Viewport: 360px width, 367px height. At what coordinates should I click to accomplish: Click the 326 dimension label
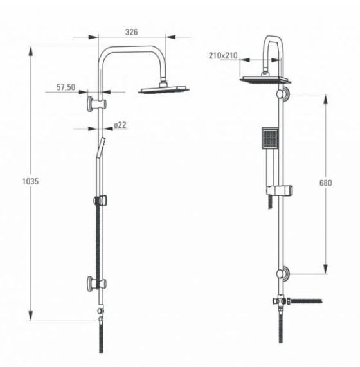click(131, 32)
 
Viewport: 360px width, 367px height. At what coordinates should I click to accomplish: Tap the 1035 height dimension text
click(30, 181)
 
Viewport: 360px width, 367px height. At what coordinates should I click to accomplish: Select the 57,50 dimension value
click(66, 87)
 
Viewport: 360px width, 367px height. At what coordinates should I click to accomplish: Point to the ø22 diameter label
click(120, 125)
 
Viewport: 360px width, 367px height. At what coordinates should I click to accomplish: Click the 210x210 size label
click(223, 56)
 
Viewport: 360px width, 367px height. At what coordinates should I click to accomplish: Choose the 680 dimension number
click(325, 183)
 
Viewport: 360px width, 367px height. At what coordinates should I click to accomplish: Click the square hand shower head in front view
click(270, 138)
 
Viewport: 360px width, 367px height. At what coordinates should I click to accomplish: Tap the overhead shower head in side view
click(164, 89)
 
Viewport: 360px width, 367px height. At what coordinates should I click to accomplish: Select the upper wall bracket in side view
click(96, 103)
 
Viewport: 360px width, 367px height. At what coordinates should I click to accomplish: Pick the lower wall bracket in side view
click(96, 283)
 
